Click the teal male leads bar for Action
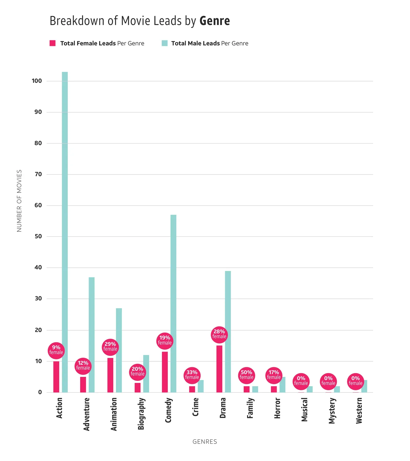click(x=65, y=231)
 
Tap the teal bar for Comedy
click(x=173, y=303)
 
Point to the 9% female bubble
click(x=56, y=350)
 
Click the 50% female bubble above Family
click(x=247, y=375)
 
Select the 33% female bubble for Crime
click(x=192, y=375)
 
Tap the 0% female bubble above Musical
click(x=301, y=381)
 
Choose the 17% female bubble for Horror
click(x=274, y=375)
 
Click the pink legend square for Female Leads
click(x=53, y=43)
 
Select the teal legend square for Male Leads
click(x=165, y=43)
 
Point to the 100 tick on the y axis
click(x=37, y=81)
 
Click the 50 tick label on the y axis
click(x=38, y=236)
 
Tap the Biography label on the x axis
click(x=141, y=414)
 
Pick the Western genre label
click(x=359, y=410)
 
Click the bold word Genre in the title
click(x=214, y=21)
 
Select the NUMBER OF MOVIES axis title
click(x=19, y=201)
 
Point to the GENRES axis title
click(x=205, y=442)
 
